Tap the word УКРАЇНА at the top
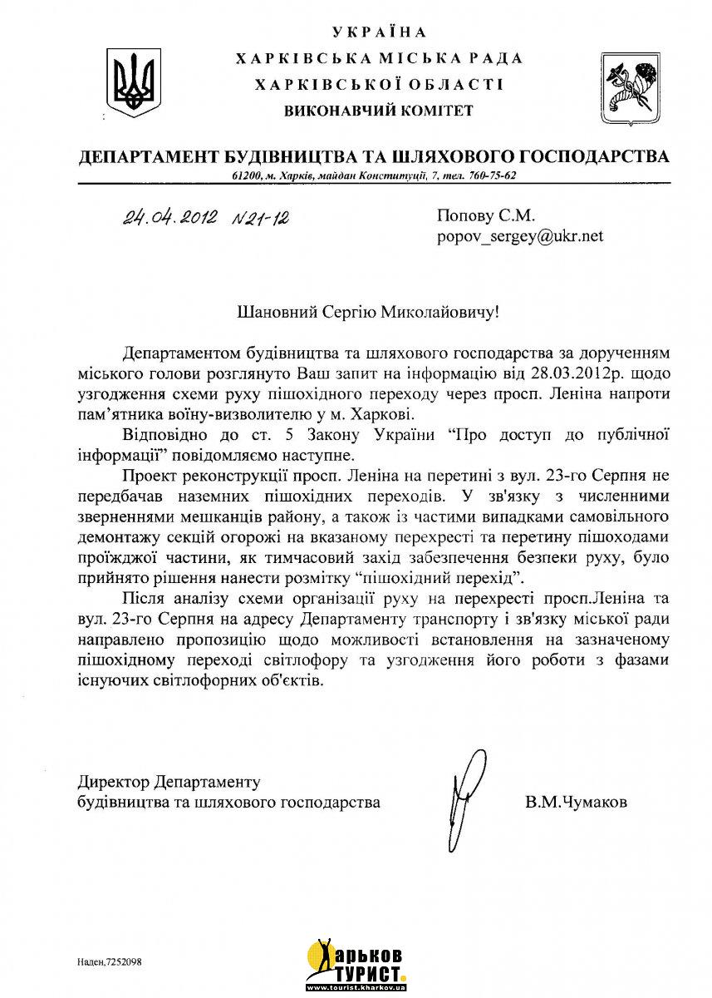pyautogui.click(x=379, y=32)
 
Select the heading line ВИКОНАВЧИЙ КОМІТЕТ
pyautogui.click(x=378, y=110)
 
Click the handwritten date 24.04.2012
pyautogui.click(x=170, y=219)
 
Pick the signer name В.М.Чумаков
pyautogui.click(x=577, y=803)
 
